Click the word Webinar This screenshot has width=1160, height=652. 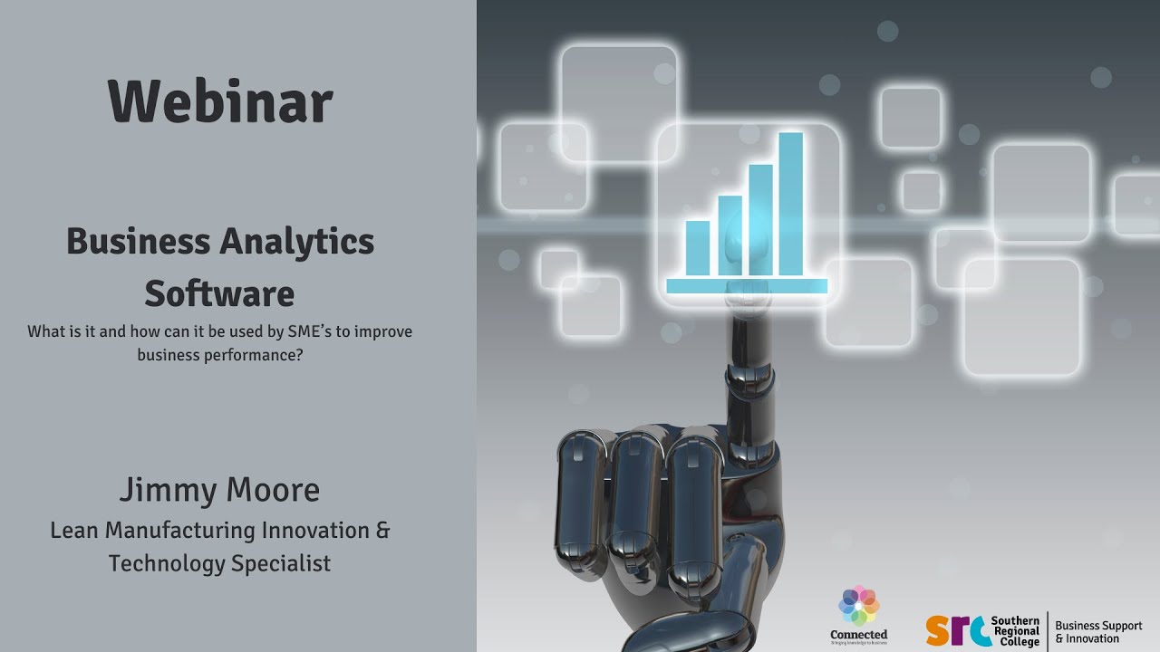[220, 101]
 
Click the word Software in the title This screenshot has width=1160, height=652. [219, 294]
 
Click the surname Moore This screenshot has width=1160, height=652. [272, 490]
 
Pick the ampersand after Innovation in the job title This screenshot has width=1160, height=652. [382, 530]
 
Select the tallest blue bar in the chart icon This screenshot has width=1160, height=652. [790, 204]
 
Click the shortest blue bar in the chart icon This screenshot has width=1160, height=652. [698, 247]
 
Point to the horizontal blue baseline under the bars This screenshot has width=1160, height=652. [747, 286]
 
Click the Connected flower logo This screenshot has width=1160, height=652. [858, 606]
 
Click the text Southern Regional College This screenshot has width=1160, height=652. [1016, 630]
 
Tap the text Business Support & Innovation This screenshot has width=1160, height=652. [1098, 631]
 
